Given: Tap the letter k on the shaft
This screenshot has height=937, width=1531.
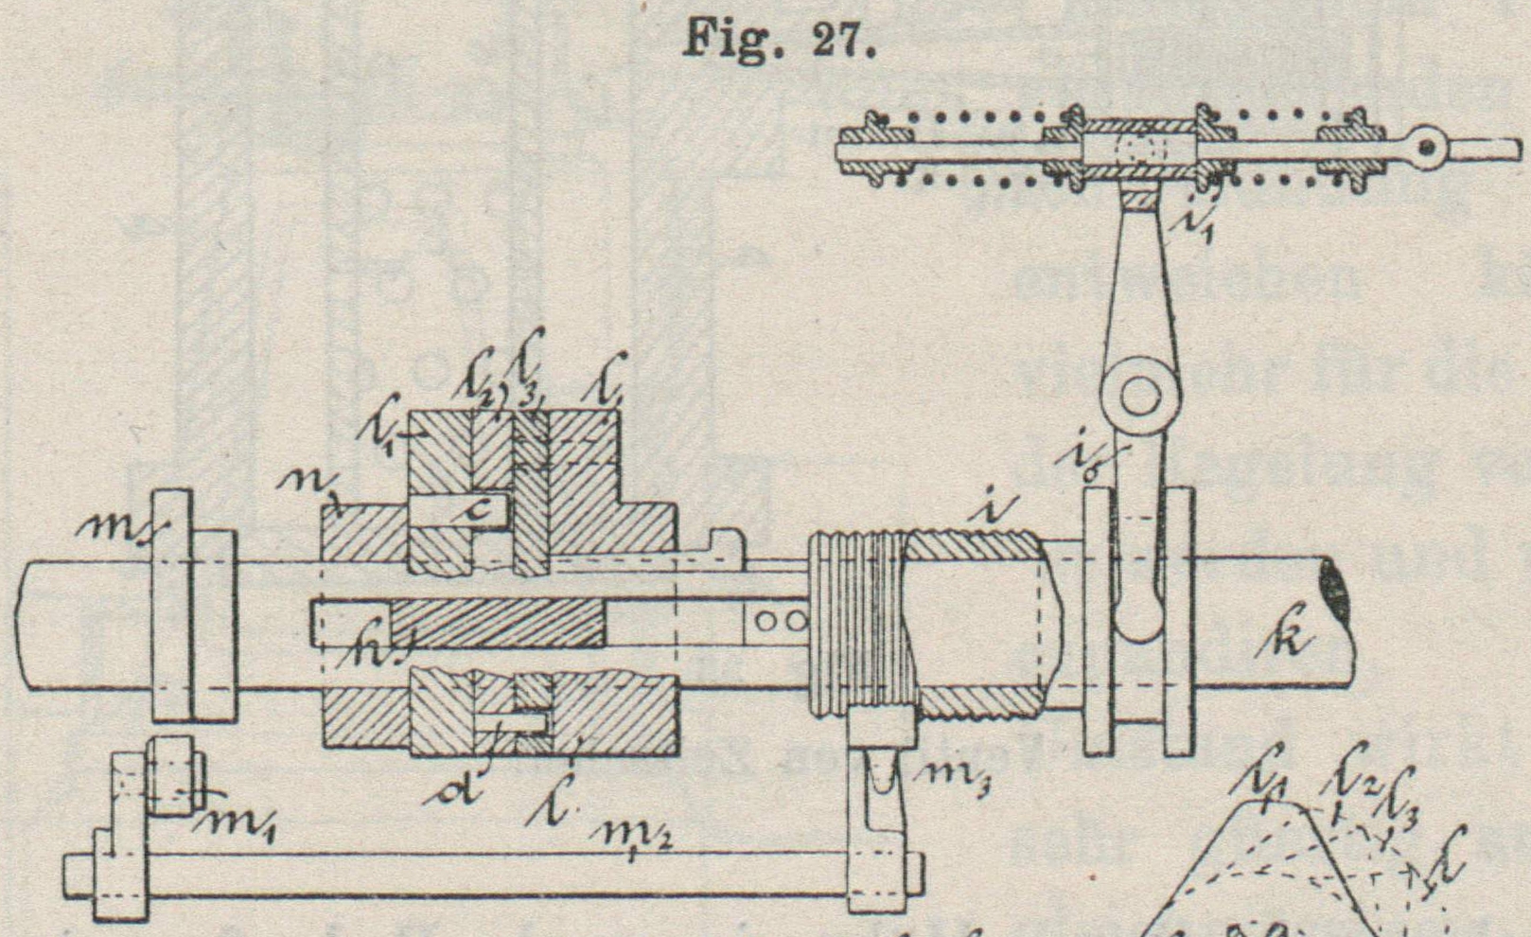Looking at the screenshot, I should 1286,642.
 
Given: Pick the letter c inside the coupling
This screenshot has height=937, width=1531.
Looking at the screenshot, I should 480,511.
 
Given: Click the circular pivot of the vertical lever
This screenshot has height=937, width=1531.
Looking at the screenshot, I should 1141,392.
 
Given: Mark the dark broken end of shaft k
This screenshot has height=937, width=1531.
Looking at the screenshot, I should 1336,587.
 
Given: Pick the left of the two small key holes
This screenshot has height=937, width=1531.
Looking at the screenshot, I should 763,622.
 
